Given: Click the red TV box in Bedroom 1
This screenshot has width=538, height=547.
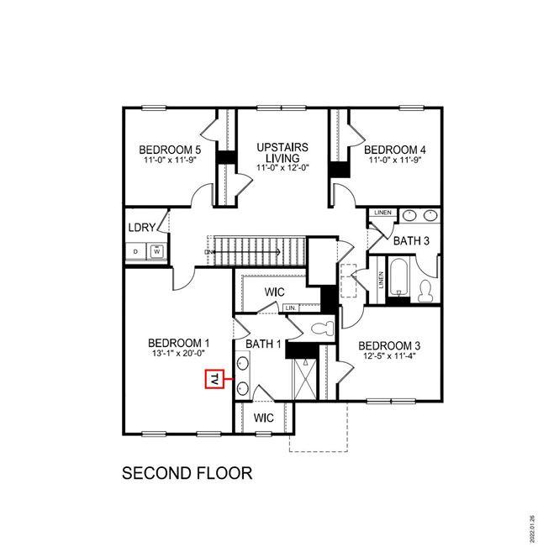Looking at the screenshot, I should click(x=214, y=381).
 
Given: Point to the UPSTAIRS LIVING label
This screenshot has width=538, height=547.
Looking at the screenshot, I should click(x=282, y=152).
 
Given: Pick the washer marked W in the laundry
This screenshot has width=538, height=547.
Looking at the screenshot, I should click(x=156, y=250).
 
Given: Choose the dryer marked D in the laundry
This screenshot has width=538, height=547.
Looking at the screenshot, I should click(x=135, y=250).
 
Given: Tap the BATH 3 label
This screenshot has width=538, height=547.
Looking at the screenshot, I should click(x=412, y=241).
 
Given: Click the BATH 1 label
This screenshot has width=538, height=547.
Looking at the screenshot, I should click(x=264, y=344).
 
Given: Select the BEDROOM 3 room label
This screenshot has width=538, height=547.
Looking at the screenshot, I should click(x=389, y=345).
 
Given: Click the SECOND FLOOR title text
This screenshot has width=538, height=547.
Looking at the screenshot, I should click(x=187, y=473).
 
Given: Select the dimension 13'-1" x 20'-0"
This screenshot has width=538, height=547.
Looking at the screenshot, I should click(x=178, y=355).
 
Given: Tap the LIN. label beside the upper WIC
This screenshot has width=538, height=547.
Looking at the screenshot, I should click(x=291, y=308).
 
